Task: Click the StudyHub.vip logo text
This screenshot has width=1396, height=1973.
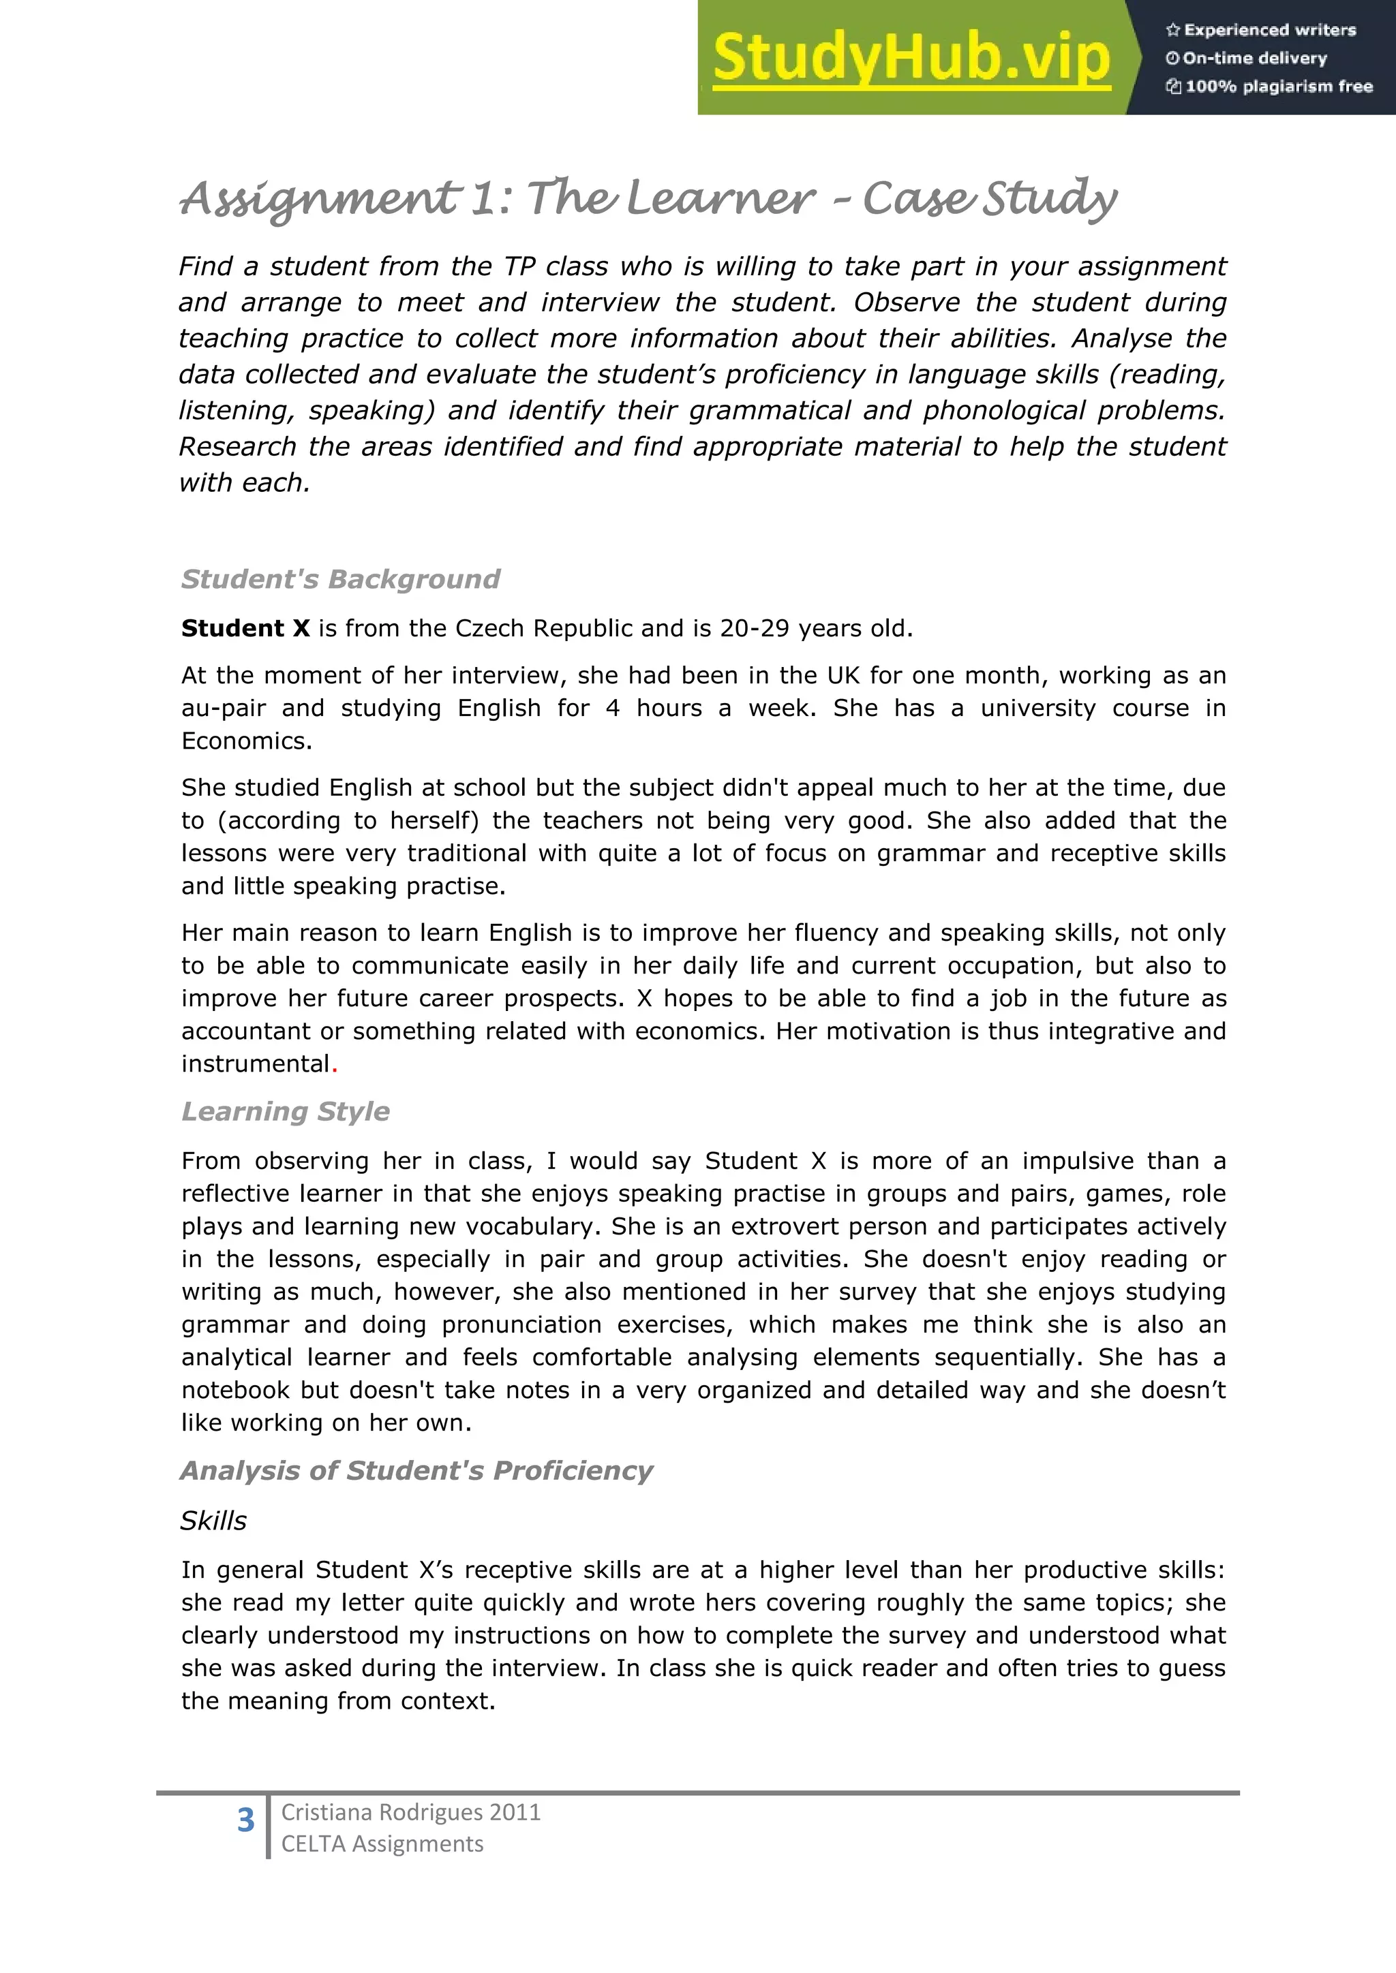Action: click(x=911, y=59)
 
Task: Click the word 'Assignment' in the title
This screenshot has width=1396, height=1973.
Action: click(x=319, y=200)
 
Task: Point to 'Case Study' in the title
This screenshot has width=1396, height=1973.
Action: click(x=988, y=200)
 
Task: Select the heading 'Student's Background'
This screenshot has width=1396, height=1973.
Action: click(x=340, y=579)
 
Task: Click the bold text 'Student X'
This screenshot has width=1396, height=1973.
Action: click(x=245, y=628)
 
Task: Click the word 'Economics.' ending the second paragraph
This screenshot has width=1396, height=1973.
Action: click(x=247, y=741)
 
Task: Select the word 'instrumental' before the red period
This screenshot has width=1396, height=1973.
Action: click(x=256, y=1064)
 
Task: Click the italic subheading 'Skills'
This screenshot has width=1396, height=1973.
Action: click(x=213, y=1520)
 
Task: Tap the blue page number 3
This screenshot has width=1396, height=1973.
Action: click(x=246, y=1820)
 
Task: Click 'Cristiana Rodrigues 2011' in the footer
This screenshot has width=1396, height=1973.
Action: click(x=411, y=1812)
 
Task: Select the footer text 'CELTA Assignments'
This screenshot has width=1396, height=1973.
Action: click(x=382, y=1844)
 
